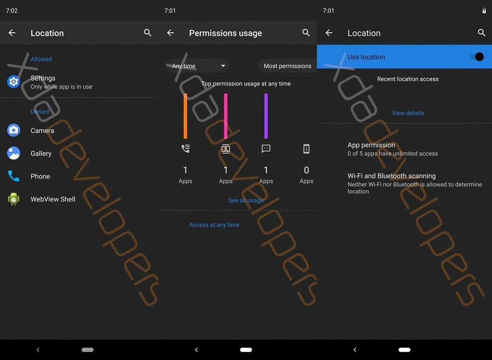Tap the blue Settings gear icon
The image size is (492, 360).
(x=14, y=82)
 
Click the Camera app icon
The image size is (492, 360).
(x=14, y=130)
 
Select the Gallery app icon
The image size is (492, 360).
(x=14, y=153)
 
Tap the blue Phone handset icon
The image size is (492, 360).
(x=14, y=176)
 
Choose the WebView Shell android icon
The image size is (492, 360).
(x=14, y=199)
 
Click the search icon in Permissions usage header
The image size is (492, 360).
(x=306, y=33)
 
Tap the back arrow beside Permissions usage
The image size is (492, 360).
(x=170, y=33)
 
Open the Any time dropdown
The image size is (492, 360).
(x=198, y=66)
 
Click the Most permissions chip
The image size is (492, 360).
(x=287, y=66)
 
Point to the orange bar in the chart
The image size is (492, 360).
(x=185, y=116)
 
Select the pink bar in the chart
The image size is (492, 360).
(x=226, y=116)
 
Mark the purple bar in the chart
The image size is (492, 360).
(x=266, y=116)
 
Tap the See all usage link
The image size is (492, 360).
(x=246, y=200)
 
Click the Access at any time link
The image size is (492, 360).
(x=214, y=225)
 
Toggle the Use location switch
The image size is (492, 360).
(x=477, y=57)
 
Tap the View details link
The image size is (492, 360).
(x=408, y=113)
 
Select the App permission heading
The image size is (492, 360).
(x=371, y=145)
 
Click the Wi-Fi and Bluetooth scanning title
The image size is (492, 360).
(x=391, y=176)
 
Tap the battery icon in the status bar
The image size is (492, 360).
(x=484, y=11)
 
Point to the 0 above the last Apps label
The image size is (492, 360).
(x=306, y=170)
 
